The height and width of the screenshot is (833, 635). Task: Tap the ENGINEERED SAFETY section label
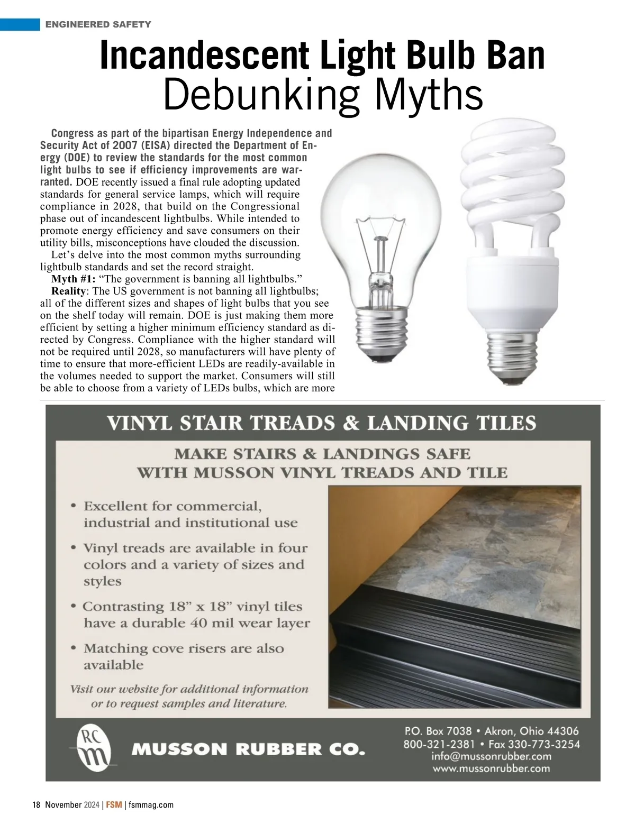tap(98, 24)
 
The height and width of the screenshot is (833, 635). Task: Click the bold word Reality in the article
tap(68, 291)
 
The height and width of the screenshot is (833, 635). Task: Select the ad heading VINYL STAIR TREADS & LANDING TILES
tap(322, 424)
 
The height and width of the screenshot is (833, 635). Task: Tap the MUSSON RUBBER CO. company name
tap(248, 749)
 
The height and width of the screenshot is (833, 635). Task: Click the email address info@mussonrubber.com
tap(491, 756)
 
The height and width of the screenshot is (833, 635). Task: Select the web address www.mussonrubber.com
tap(491, 768)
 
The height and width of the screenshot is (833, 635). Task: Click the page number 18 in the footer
tap(37, 805)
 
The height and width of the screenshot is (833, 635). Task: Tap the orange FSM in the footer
tap(113, 805)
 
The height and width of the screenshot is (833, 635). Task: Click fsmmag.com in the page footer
tap(151, 805)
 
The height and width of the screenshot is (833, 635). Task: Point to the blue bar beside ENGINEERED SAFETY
tap(20, 24)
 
